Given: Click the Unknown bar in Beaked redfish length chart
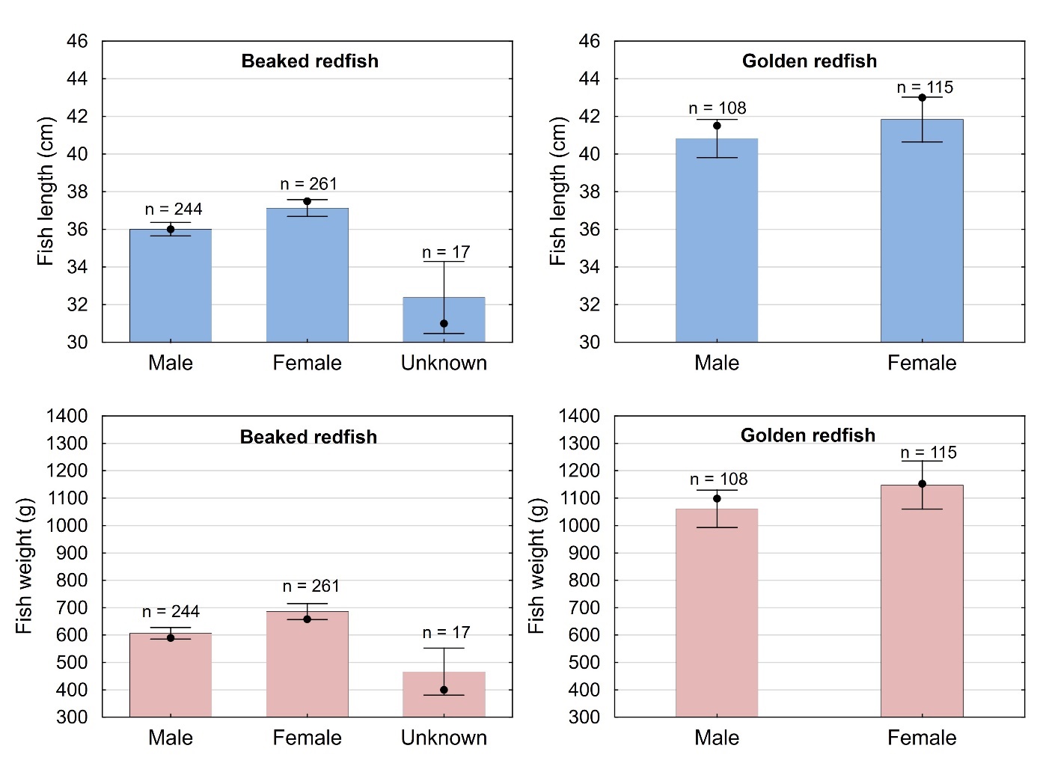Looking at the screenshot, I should [x=444, y=319].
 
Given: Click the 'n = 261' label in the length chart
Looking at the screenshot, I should [x=308, y=184].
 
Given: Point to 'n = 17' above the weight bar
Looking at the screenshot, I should [x=446, y=633].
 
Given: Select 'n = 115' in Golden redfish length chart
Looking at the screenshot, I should [x=925, y=88].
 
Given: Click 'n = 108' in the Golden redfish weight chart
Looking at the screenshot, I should [x=718, y=479].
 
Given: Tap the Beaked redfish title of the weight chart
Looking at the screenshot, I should [x=308, y=437].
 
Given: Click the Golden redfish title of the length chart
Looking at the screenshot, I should [x=809, y=61].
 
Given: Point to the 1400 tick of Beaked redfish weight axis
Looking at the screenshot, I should [x=67, y=416].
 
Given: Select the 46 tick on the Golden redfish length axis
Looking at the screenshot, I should [x=589, y=41].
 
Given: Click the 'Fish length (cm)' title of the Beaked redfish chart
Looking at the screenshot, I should [x=46, y=192].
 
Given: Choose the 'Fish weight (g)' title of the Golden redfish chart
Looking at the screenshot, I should [x=536, y=566].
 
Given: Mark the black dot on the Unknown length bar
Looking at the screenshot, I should [x=444, y=324].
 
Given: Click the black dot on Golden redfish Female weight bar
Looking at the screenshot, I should [x=922, y=484].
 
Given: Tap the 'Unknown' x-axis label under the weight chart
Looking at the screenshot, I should [x=444, y=738].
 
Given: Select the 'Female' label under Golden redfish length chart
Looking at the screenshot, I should [x=921, y=363].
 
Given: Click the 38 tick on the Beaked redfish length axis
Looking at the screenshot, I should [x=77, y=192].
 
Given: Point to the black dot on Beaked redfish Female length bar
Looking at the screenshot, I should [x=307, y=201].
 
